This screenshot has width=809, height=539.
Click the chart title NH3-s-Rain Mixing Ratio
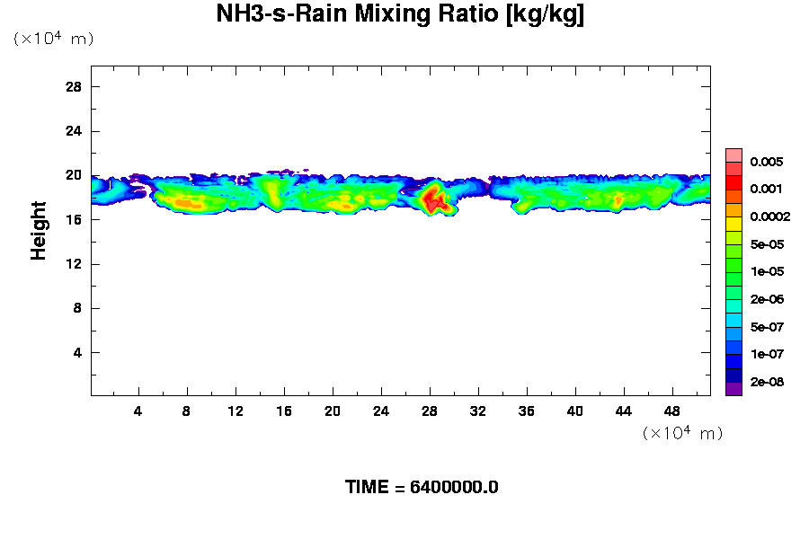pos(400,15)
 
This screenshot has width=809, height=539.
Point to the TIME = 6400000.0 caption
pos(422,488)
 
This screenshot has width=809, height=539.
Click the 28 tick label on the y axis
pos(74,86)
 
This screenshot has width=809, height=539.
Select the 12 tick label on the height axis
pos(74,263)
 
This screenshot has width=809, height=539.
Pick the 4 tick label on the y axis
pos(77,352)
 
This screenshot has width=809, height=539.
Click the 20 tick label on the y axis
pos(74,175)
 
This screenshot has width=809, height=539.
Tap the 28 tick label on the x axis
pos(430,411)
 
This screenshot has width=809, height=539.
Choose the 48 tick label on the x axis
pos(672,411)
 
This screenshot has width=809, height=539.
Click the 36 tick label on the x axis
pos(527,411)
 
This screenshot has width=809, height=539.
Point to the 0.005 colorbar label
pos(767,163)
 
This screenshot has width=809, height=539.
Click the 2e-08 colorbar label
pos(767,382)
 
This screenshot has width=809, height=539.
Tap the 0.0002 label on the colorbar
pos(769,217)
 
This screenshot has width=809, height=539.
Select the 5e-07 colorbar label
pos(767,327)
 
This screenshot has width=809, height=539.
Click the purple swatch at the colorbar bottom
pos(733,389)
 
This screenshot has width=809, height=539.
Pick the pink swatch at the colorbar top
pos(733,155)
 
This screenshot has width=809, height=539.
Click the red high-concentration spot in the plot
pos(435,199)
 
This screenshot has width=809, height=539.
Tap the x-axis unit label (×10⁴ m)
pos(682,434)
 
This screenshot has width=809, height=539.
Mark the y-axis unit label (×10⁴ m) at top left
pos(53,39)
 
